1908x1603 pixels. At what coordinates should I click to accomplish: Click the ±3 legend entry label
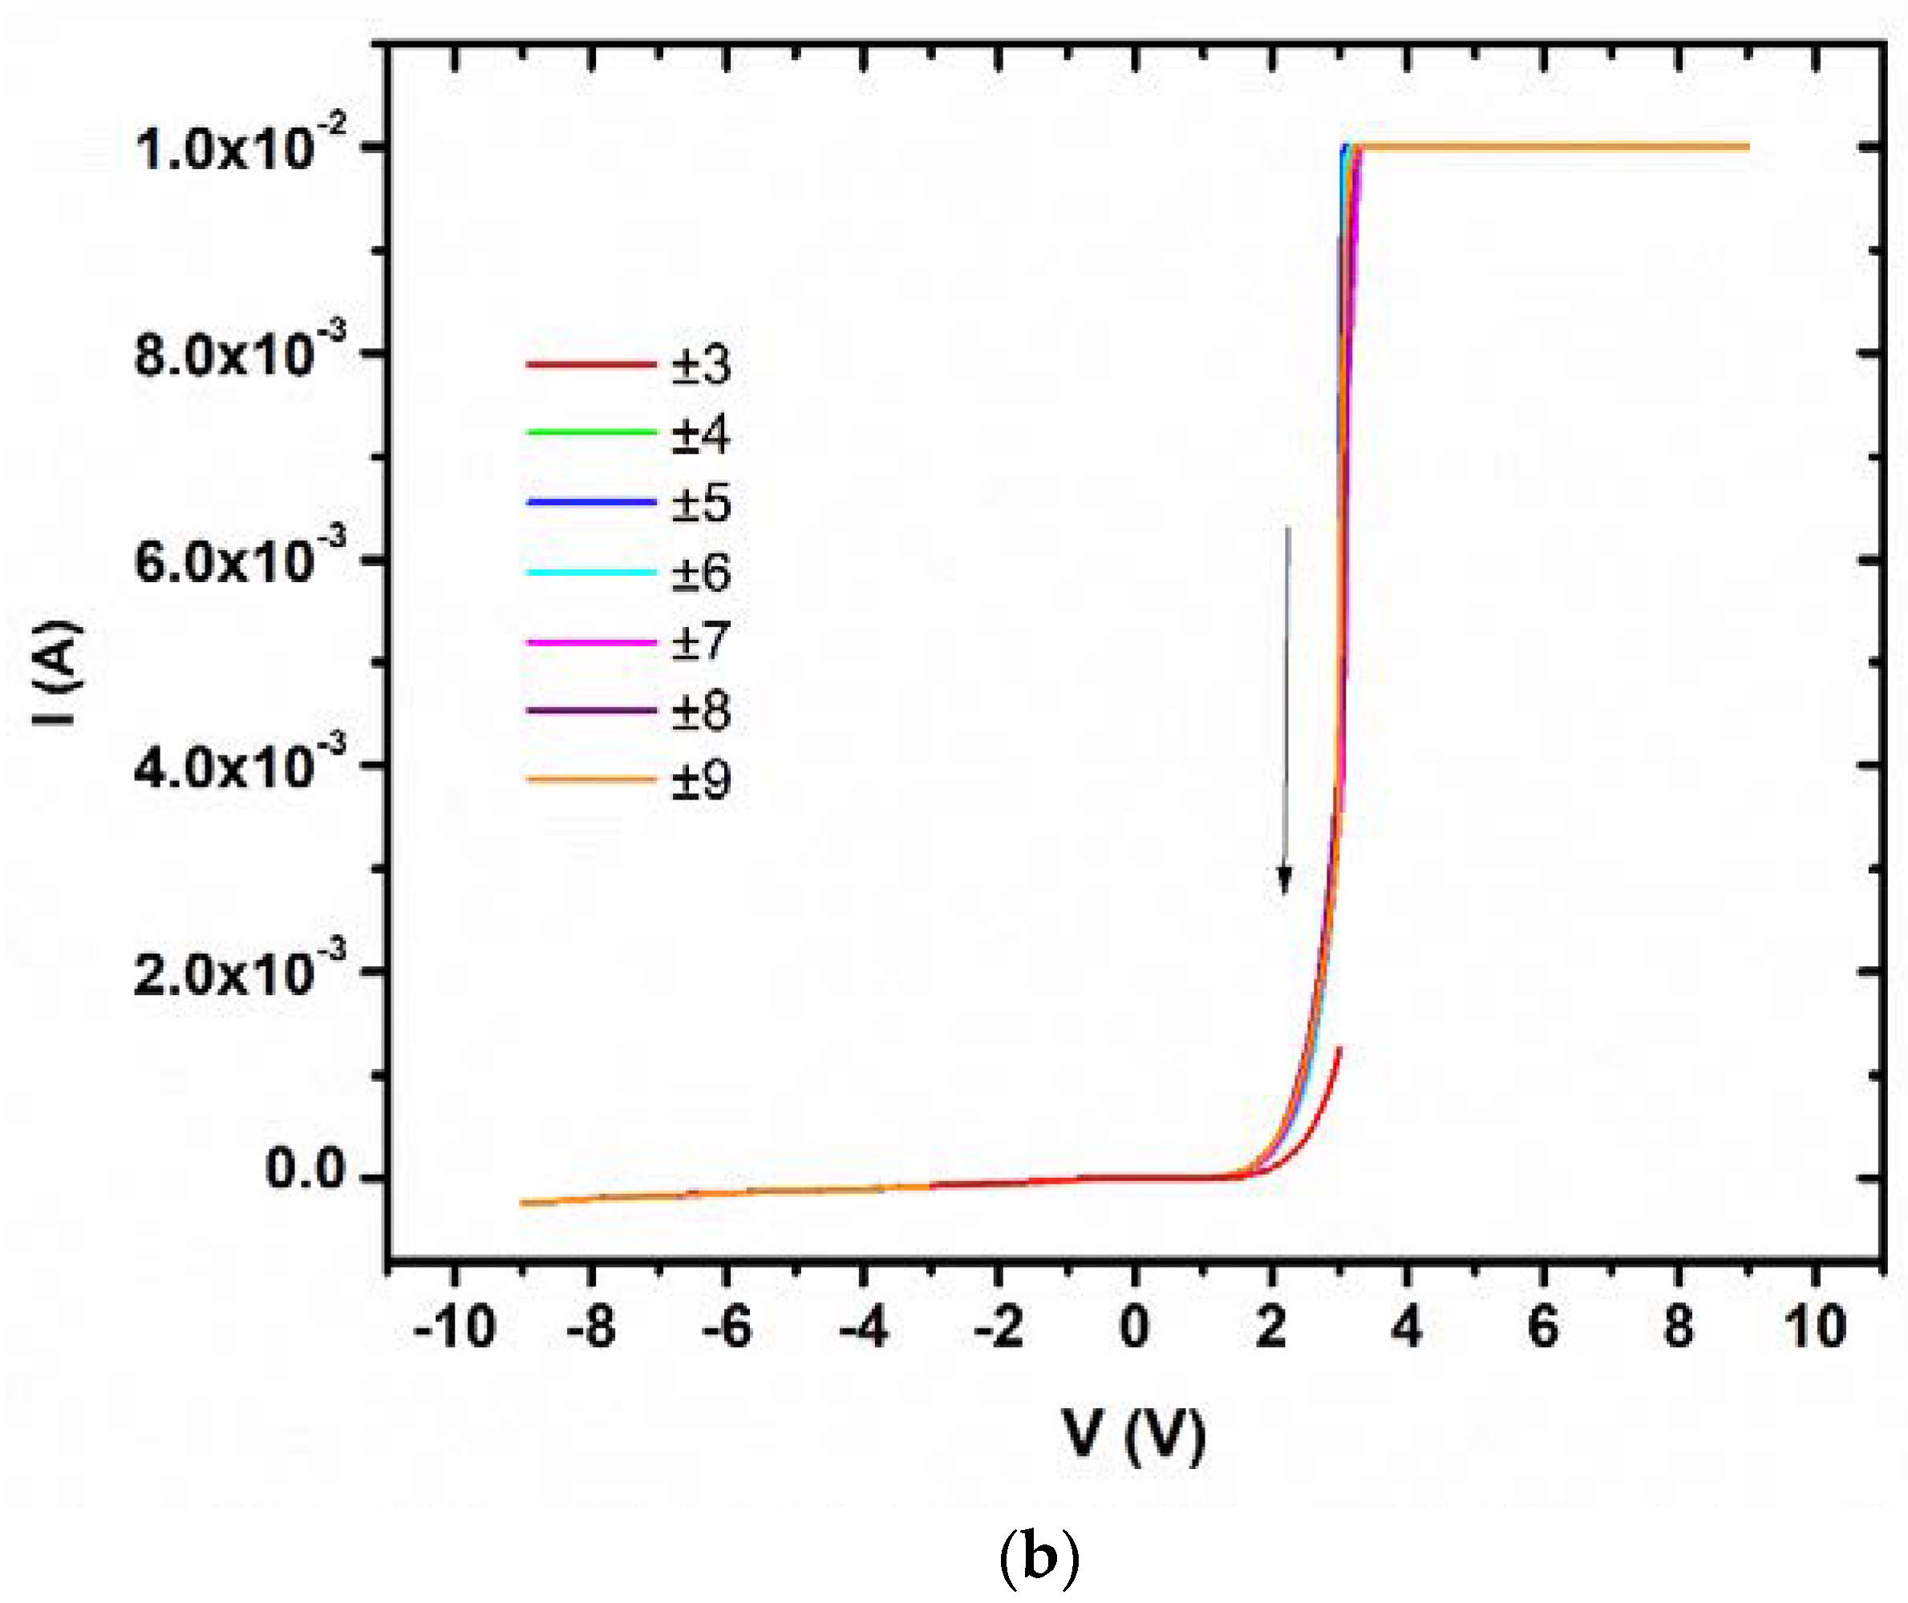[x=701, y=364]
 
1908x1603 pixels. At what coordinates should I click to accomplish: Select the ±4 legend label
[x=701, y=435]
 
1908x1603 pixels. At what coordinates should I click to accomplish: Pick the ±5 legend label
[x=701, y=504]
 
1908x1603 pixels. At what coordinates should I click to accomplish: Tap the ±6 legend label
[x=701, y=573]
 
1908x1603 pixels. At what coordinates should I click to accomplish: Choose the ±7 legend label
[x=701, y=642]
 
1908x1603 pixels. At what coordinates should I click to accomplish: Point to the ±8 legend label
[x=701, y=710]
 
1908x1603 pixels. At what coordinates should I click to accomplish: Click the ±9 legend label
[x=701, y=779]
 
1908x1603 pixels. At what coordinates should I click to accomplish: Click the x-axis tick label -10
[x=454, y=1328]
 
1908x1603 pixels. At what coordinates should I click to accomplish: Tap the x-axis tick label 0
[x=1134, y=1328]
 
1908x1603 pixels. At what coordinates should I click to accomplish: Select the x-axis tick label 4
[x=1406, y=1328]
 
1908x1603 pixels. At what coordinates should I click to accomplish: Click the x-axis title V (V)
[x=1134, y=1435]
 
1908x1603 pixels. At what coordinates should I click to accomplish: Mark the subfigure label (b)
[x=1039, y=1557]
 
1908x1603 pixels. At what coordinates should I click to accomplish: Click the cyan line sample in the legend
[x=591, y=573]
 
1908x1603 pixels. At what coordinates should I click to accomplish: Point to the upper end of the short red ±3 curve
[x=1339, y=1050]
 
